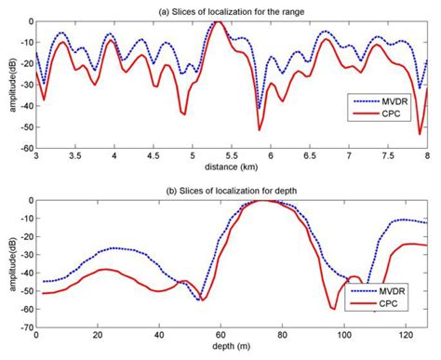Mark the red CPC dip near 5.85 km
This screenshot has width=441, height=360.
tap(260, 128)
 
